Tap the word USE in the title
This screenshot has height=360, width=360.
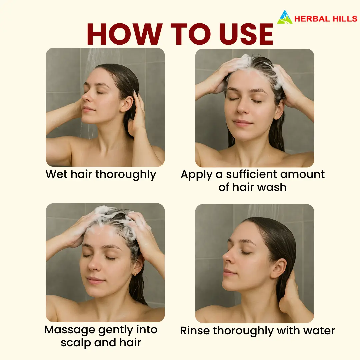[x=246, y=34]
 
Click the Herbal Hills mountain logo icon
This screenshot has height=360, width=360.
[x=285, y=17]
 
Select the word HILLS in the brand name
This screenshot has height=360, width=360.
[x=345, y=19]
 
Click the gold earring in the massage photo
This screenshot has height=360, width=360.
[x=135, y=274]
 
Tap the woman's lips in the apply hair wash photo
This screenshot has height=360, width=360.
[x=242, y=123]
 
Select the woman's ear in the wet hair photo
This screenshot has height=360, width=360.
[x=127, y=104]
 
